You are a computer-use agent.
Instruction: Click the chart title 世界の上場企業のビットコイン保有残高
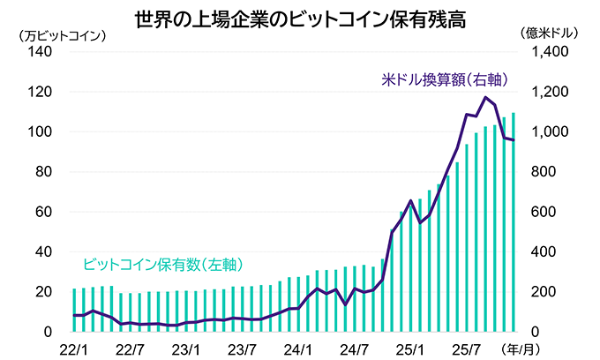[301, 17]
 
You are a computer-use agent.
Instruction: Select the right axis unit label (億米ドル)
[550, 36]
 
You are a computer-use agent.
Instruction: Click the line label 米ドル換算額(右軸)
[445, 79]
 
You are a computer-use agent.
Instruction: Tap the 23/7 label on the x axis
[243, 348]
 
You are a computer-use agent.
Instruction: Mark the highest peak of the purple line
[485, 97]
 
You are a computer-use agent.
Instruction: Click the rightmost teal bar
[514, 221]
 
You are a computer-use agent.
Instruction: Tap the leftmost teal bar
[74, 310]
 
